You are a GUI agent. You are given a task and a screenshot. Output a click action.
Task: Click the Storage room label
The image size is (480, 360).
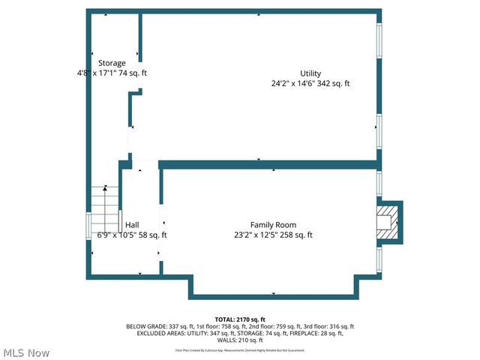point(112,63)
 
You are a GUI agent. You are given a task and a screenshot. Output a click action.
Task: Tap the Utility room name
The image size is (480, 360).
point(310,73)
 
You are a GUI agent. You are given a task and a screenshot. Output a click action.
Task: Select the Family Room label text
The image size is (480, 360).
point(273,225)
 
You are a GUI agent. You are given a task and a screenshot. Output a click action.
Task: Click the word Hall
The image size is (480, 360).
point(132,225)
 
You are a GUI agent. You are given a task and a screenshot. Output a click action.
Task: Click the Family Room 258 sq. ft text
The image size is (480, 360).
point(296,235)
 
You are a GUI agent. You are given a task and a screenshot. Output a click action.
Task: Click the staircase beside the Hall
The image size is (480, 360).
point(105,204)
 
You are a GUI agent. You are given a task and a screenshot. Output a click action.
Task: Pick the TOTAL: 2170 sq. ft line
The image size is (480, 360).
point(240,319)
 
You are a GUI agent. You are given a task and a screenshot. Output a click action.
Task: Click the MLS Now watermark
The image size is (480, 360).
point(26,352)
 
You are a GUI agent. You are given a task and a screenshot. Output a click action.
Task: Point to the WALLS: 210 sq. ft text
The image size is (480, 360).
point(240,340)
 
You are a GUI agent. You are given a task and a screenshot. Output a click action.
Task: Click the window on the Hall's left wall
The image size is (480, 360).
point(89,226)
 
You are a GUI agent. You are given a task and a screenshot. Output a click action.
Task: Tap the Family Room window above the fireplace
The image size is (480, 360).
point(380,183)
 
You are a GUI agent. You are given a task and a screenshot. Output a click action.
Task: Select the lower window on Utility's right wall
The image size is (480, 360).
point(380,132)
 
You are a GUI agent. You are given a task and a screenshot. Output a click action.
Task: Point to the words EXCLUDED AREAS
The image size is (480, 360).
point(154,333)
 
